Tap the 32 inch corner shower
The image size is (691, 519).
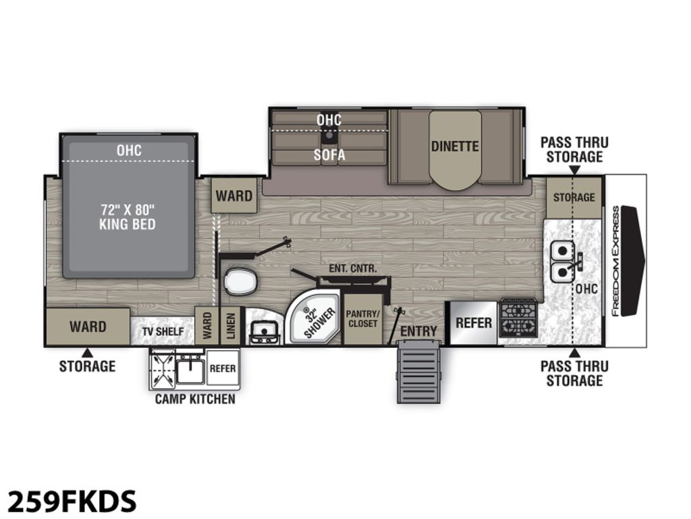click(x=314, y=318)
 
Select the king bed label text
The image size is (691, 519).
click(x=128, y=216)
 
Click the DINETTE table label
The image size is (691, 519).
click(x=455, y=146)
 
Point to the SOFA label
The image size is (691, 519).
click(x=329, y=155)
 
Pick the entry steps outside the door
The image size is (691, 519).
click(x=418, y=371)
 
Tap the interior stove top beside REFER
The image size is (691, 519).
click(x=518, y=318)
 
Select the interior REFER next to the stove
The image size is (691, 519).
click(x=473, y=322)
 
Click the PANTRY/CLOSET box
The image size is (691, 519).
click(x=362, y=319)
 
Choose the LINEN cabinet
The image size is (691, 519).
click(x=231, y=326)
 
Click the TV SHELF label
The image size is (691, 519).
click(x=163, y=331)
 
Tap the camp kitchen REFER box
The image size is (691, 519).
click(x=223, y=368)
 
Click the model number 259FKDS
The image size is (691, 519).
click(x=72, y=501)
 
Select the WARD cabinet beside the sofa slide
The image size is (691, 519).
click(x=234, y=195)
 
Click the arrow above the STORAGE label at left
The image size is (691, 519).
click(x=87, y=353)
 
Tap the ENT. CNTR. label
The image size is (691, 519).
click(x=352, y=268)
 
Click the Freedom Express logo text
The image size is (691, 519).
click(x=615, y=261)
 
